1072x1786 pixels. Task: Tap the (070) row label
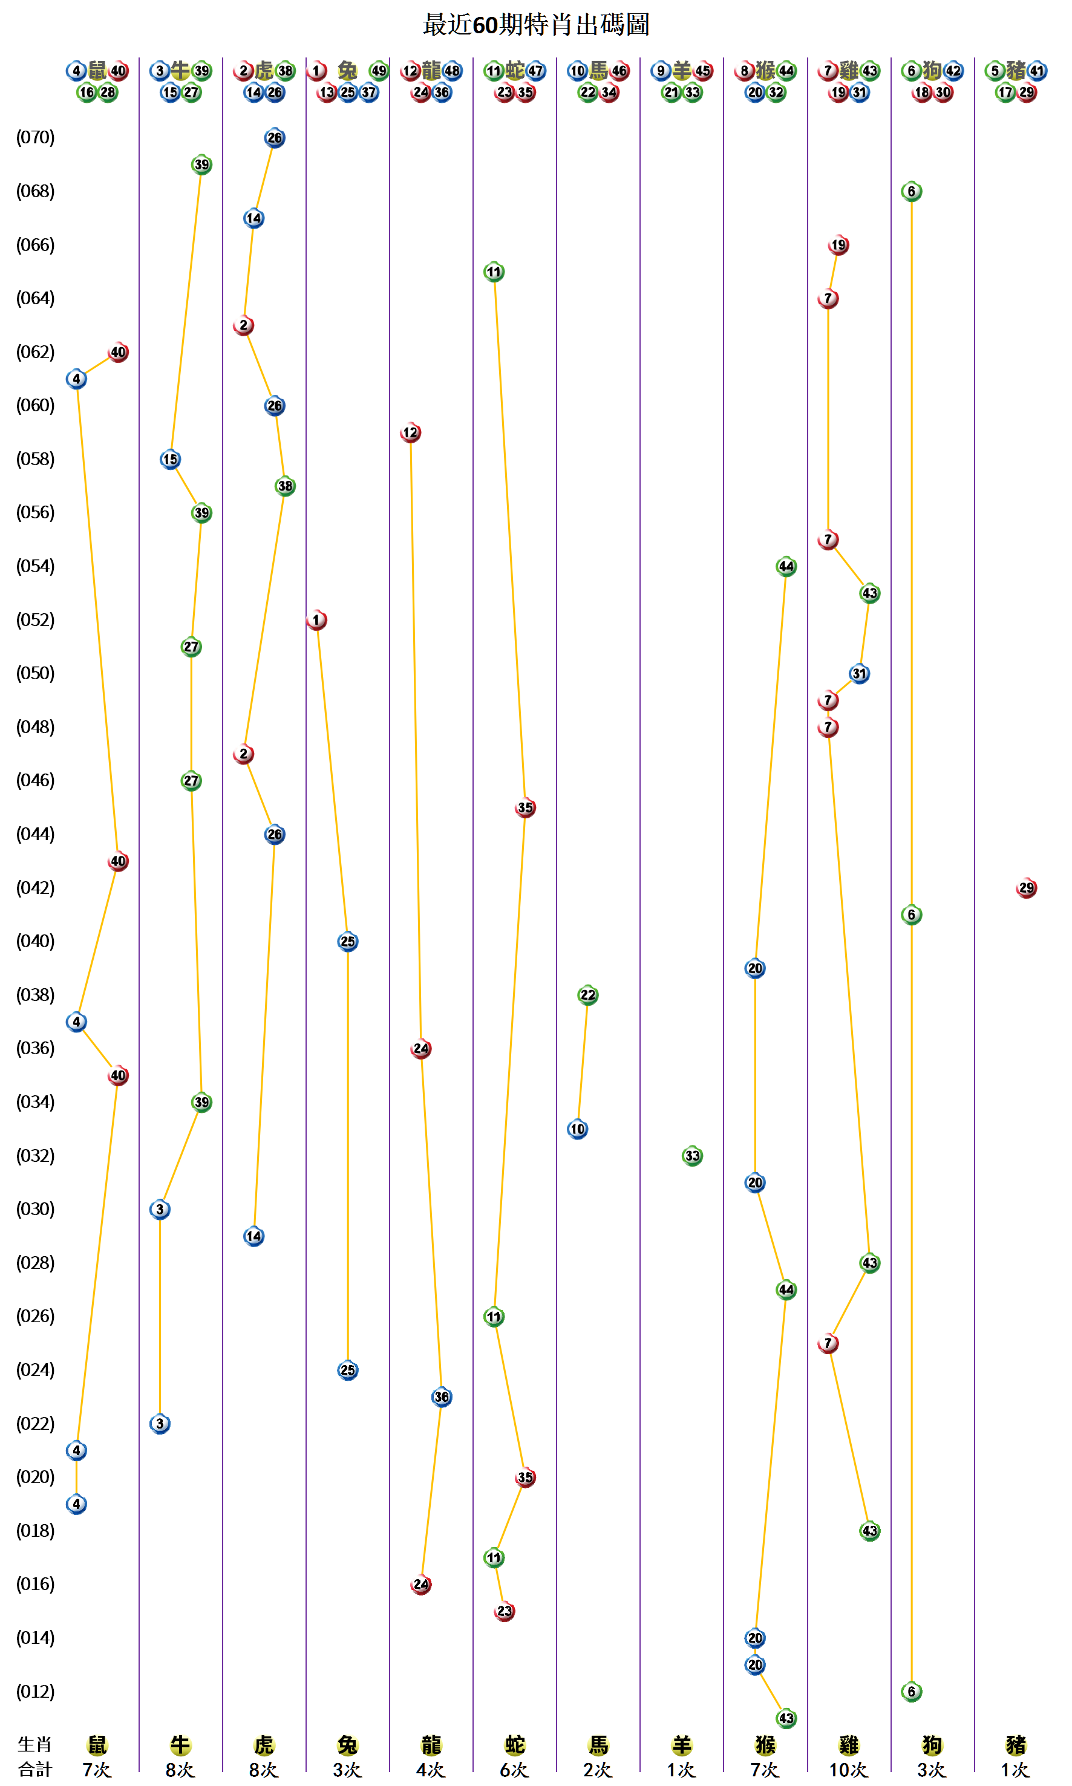(x=36, y=137)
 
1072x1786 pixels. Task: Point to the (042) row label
(x=36, y=888)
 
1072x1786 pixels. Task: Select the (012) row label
(x=36, y=1692)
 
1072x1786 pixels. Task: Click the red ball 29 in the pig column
(x=1026, y=888)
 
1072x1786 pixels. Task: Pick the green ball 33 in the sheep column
(x=692, y=1156)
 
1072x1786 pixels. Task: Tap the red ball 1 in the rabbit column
(x=316, y=620)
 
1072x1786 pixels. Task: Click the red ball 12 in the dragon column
(x=410, y=432)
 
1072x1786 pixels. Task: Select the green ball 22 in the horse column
(x=588, y=995)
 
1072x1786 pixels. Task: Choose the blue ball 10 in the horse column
(x=577, y=1129)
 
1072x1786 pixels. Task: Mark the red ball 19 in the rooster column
(x=838, y=245)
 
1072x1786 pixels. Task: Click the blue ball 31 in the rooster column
(x=859, y=674)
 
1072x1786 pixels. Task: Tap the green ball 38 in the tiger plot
(x=286, y=486)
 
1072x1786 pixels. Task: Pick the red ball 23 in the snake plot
(x=504, y=1611)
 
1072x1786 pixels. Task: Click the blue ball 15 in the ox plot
(x=170, y=459)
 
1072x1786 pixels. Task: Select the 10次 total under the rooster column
(x=848, y=1770)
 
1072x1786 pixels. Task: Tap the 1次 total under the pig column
(x=1015, y=1770)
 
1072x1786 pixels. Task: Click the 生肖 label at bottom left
(x=34, y=1744)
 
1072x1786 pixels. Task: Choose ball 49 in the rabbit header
(x=379, y=71)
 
